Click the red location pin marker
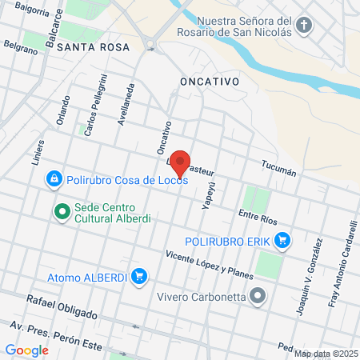[x=181, y=163]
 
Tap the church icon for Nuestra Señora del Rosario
[x=303, y=26]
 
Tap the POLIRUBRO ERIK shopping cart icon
[x=282, y=240]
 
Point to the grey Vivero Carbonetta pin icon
[x=258, y=296]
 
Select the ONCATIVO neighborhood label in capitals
[x=210, y=82]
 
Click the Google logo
[x=26, y=350]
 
